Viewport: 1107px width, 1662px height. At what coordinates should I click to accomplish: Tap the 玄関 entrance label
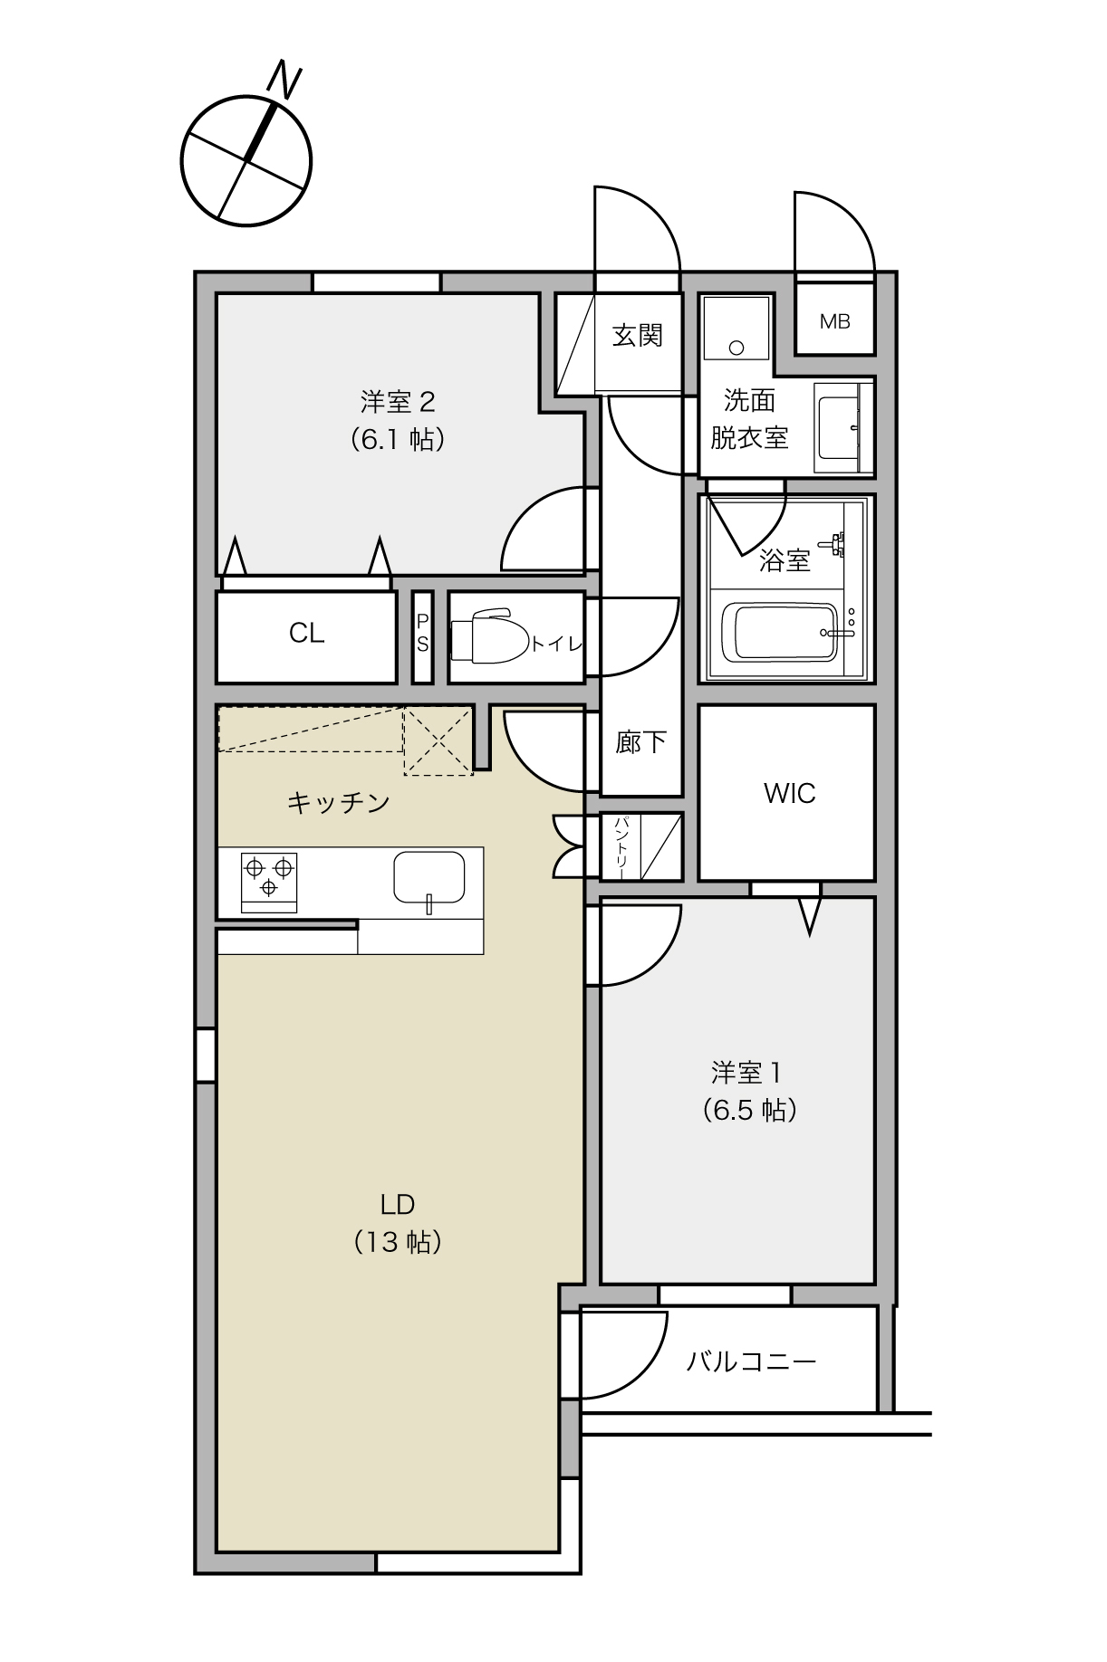click(637, 336)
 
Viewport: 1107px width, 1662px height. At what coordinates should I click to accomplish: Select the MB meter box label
click(834, 321)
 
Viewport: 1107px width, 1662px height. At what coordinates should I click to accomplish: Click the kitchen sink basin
click(428, 877)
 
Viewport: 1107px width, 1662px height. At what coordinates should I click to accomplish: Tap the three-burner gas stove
click(269, 880)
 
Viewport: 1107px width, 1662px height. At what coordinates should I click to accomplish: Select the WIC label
click(789, 793)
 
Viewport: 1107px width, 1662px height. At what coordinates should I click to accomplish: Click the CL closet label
click(306, 633)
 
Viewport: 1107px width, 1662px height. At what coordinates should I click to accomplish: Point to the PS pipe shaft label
click(422, 634)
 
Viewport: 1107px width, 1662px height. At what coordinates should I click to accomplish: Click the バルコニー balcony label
click(751, 1361)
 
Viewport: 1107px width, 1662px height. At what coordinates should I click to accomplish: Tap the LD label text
click(398, 1204)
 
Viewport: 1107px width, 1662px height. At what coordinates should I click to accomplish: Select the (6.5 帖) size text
click(749, 1110)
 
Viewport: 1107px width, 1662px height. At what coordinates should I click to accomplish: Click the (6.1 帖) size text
click(398, 440)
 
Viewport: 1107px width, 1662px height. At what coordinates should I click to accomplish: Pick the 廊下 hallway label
click(640, 742)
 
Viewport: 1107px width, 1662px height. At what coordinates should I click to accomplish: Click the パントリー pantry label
click(621, 846)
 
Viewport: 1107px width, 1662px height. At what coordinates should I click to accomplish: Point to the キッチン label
click(338, 802)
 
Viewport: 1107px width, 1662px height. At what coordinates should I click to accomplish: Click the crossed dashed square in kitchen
click(438, 741)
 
